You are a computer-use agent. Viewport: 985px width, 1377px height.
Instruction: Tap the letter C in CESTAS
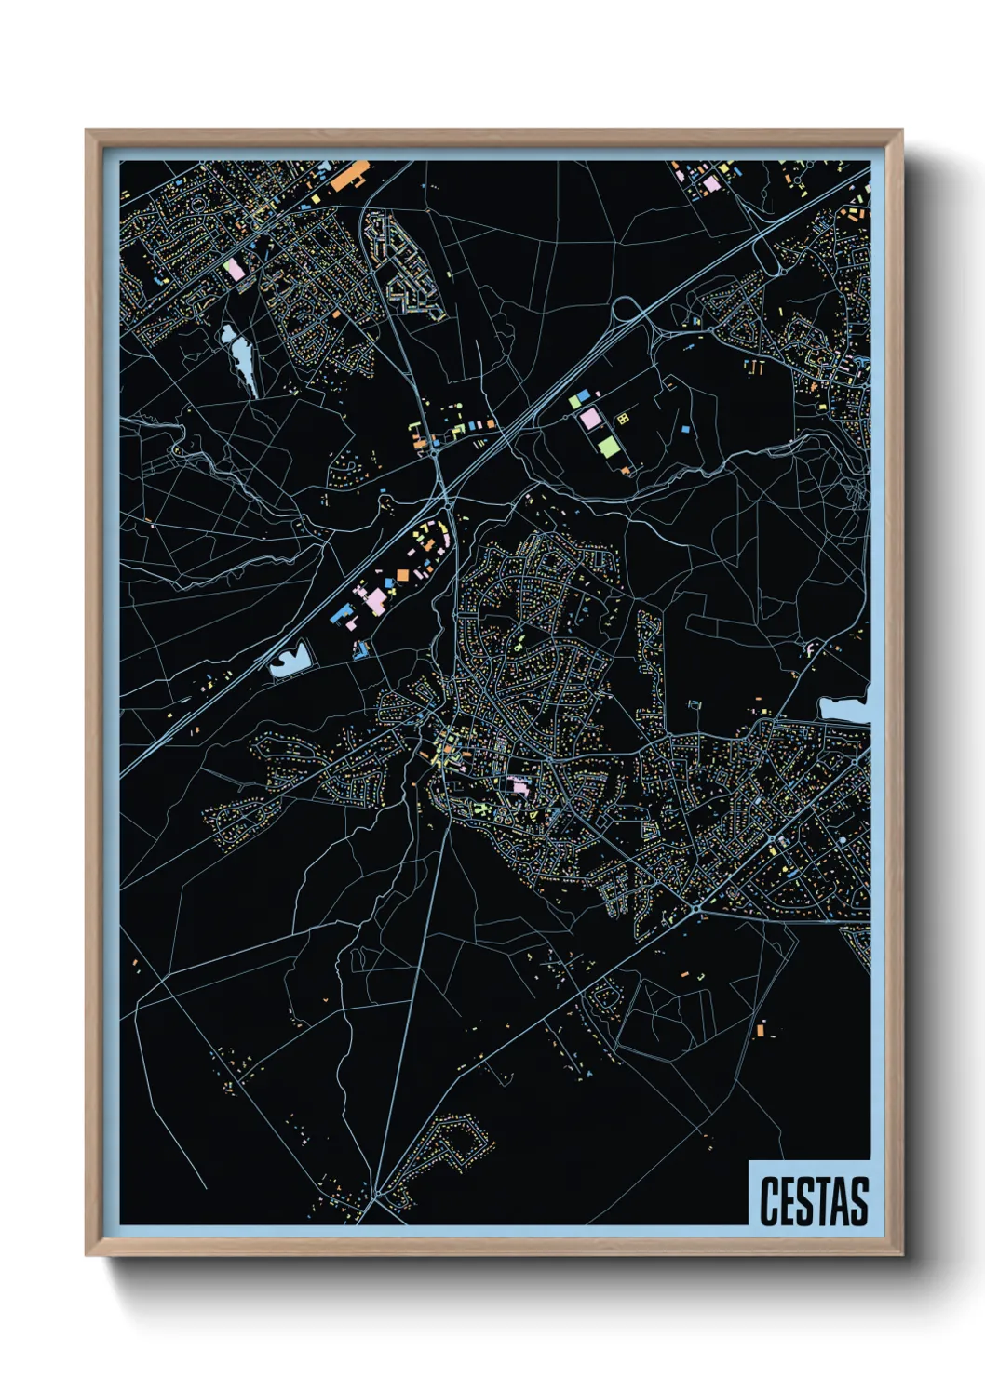click(x=770, y=1201)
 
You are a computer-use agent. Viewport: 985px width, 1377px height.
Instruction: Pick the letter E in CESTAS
click(x=788, y=1201)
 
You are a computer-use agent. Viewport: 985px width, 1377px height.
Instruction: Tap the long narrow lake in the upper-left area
click(x=241, y=359)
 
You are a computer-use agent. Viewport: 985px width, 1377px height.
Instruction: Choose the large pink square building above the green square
click(x=590, y=419)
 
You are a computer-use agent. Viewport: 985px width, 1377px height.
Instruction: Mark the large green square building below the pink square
click(x=608, y=446)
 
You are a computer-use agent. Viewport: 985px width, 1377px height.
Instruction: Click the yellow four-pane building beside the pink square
click(x=623, y=420)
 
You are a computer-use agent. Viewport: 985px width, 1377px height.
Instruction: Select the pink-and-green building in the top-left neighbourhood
click(x=233, y=270)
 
